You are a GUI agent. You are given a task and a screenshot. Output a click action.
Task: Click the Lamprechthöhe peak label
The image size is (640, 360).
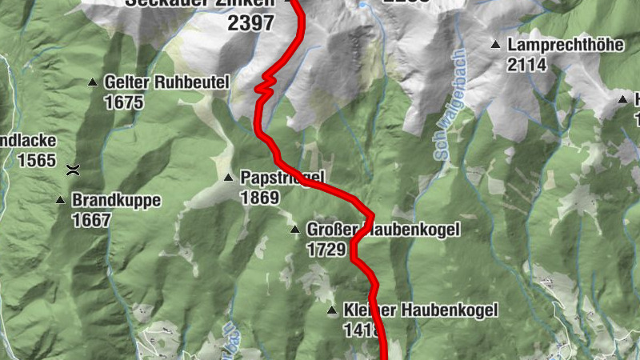(x=565, y=46)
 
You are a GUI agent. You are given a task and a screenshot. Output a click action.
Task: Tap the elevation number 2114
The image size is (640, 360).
(x=526, y=65)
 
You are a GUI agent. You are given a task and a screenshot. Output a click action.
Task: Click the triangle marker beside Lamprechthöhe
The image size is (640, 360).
(x=495, y=45)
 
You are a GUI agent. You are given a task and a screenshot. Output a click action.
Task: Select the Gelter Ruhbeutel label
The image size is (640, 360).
(x=166, y=82)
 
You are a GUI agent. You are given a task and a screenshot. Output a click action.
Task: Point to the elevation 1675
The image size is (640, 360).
(x=123, y=102)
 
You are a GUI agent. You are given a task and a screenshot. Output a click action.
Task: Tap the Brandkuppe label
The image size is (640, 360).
(x=117, y=200)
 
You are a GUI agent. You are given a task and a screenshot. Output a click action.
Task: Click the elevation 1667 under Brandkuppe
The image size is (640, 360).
(x=91, y=220)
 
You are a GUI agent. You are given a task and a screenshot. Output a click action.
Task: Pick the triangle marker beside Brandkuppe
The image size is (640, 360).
(x=60, y=200)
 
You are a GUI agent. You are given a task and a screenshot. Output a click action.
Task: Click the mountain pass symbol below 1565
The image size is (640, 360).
(x=73, y=169)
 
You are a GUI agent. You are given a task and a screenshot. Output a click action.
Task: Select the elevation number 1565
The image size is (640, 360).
(x=36, y=160)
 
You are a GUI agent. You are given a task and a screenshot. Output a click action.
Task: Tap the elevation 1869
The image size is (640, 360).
(x=259, y=197)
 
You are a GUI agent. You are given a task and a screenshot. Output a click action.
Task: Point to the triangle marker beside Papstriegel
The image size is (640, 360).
(x=228, y=178)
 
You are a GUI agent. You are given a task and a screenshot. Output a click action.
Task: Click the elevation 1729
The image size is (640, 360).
(x=326, y=250)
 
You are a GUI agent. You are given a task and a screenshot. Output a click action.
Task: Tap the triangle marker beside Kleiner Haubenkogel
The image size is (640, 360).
(x=331, y=310)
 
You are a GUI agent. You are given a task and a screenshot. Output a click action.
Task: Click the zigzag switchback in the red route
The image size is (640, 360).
(x=266, y=83)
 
